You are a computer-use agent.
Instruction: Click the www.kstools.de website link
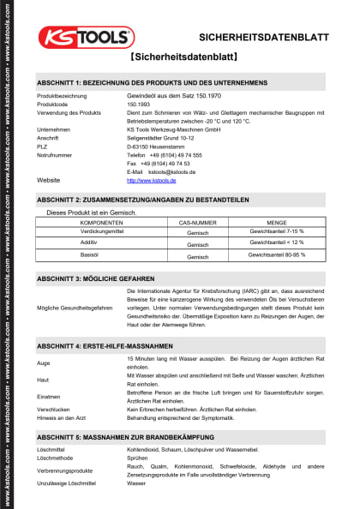[x=151, y=181]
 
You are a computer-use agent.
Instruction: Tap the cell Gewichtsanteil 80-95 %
[x=276, y=255]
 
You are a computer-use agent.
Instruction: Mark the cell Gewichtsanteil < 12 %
[x=276, y=243]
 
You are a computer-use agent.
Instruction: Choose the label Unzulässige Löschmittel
[x=68, y=483]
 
